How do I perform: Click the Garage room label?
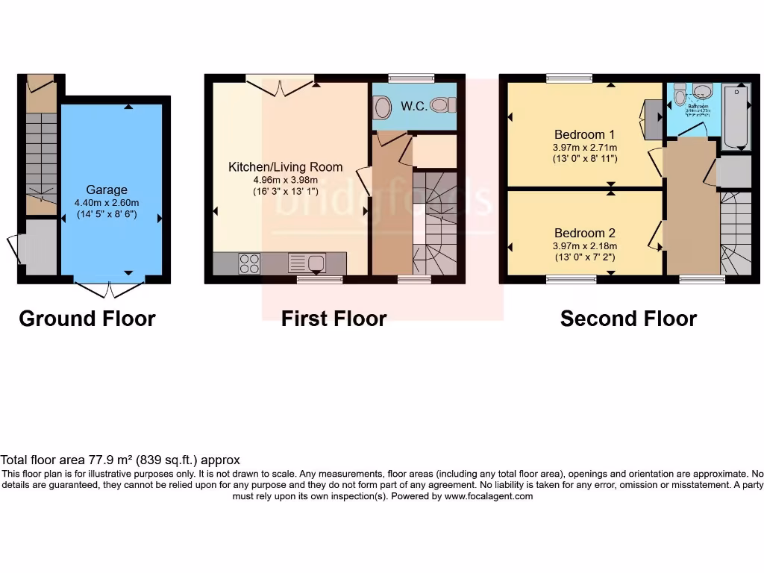pyautogui.click(x=107, y=190)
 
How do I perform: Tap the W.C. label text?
pyautogui.click(x=413, y=106)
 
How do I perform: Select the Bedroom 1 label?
pyautogui.click(x=585, y=135)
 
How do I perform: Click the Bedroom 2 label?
pyautogui.click(x=585, y=233)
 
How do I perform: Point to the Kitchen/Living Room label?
pyautogui.click(x=285, y=167)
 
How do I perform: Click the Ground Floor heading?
pyautogui.click(x=87, y=319)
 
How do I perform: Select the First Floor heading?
pyautogui.click(x=334, y=319)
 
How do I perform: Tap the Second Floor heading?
pyautogui.click(x=628, y=319)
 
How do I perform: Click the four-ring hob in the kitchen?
pyautogui.click(x=248, y=264)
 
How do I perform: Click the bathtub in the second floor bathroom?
pyautogui.click(x=737, y=116)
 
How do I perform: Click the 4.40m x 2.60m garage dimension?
pyautogui.click(x=107, y=203)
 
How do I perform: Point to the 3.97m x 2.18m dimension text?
pyautogui.click(x=585, y=246)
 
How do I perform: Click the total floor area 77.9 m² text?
pyautogui.click(x=120, y=460)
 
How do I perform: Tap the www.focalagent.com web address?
pyautogui.click(x=489, y=496)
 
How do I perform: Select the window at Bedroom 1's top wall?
pyautogui.click(x=569, y=78)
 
